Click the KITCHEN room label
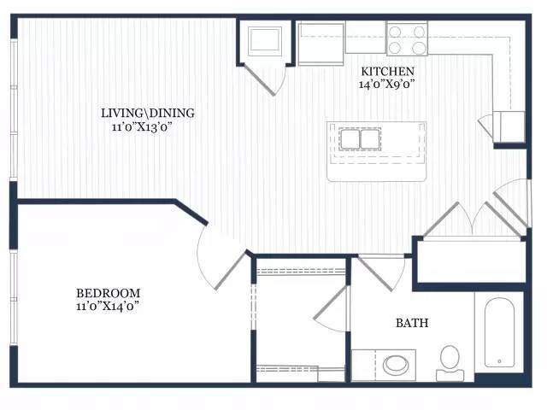[387, 72]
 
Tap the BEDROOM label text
[109, 293]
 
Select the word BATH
[412, 323]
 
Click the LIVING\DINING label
[148, 113]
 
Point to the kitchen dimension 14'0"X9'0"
[386, 84]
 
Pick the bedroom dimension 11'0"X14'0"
[108, 306]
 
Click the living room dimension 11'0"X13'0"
[143, 126]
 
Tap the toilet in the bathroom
[450, 363]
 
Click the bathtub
[499, 332]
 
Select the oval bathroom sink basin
[396, 365]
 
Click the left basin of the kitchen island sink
[350, 138]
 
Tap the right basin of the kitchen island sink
[370, 138]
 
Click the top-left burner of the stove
[395, 32]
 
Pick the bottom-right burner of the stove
[419, 48]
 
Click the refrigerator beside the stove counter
[321, 44]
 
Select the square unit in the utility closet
[265, 41]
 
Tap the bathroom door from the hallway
[381, 273]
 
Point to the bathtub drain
[499, 361]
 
